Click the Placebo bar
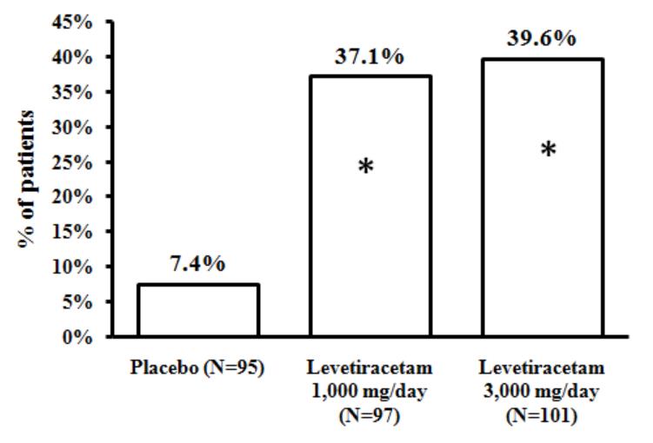tap(198, 310)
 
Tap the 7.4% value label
tap(198, 265)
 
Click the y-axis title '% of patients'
tap(31, 177)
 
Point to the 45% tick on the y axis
tap(76, 22)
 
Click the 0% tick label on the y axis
tap(81, 336)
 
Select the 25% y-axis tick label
tap(76, 162)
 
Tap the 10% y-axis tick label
tap(76, 267)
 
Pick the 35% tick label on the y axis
tap(76, 92)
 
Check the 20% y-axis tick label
tap(76, 196)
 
